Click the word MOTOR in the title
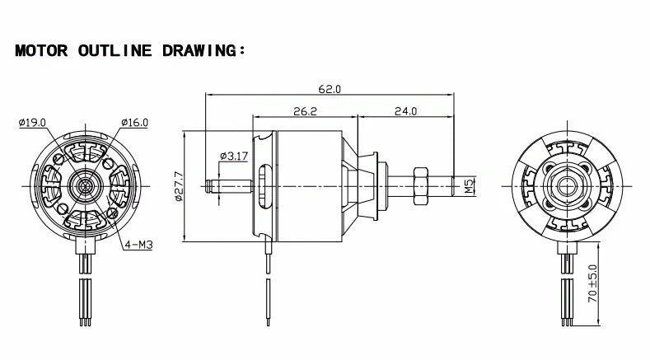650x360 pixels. tap(43, 50)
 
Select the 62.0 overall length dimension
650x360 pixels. tap(329, 88)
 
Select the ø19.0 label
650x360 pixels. tap(32, 123)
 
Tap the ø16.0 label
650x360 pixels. tap(133, 123)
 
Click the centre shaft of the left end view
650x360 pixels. tap(86, 185)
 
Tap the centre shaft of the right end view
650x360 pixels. tap(565, 185)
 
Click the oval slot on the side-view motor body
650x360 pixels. tap(263, 185)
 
